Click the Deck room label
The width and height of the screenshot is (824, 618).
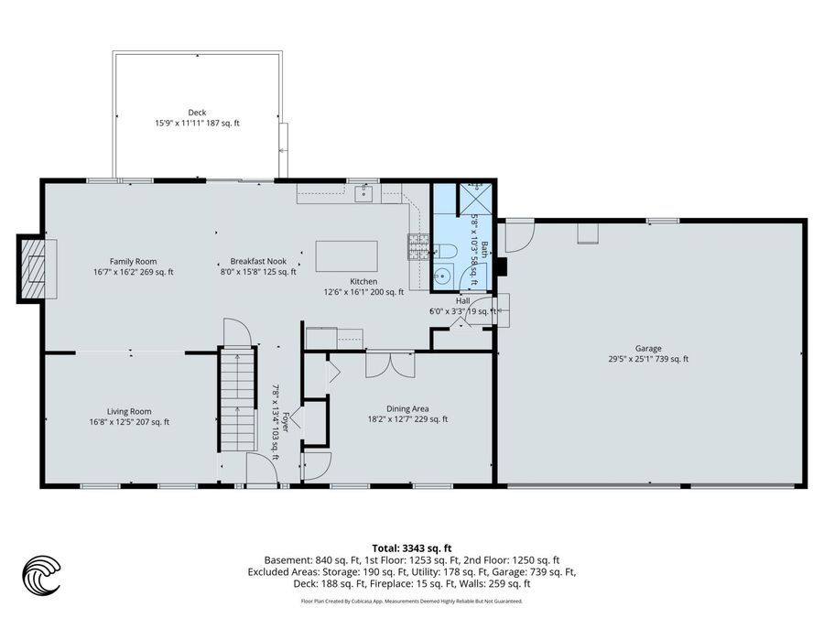(x=197, y=112)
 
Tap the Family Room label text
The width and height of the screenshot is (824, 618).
(x=133, y=261)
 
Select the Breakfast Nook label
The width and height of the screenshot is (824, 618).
(x=258, y=261)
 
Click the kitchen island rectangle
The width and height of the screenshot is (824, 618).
(x=346, y=256)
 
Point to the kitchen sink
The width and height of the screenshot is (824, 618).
(x=363, y=194)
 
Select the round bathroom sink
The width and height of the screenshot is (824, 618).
(x=443, y=275)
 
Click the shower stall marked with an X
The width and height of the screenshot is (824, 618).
(x=475, y=200)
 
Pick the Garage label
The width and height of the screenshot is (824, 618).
(x=648, y=349)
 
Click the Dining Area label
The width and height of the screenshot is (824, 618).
(x=407, y=409)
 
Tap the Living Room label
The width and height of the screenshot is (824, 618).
(x=129, y=411)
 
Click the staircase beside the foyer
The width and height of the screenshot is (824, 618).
(x=237, y=399)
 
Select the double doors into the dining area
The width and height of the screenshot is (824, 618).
(x=390, y=364)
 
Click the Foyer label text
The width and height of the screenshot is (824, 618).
(x=286, y=421)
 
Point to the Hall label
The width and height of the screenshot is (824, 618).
(x=463, y=301)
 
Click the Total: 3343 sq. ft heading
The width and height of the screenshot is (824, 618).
(x=412, y=549)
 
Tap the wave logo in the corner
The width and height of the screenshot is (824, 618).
(x=41, y=575)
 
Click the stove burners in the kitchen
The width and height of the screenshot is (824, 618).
(x=418, y=247)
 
